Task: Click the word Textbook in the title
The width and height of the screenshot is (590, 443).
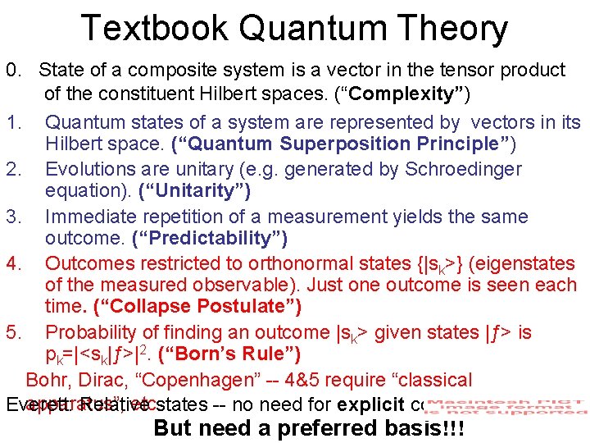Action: pos(153,28)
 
